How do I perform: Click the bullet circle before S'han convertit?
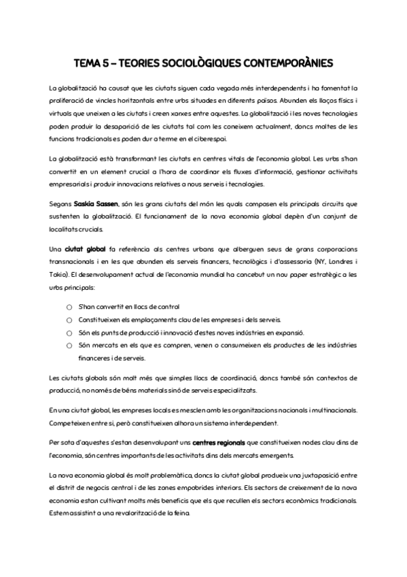pyautogui.click(x=69, y=308)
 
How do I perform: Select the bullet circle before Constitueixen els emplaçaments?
pyautogui.click(x=69, y=320)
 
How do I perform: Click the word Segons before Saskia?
pyautogui.click(x=60, y=203)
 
